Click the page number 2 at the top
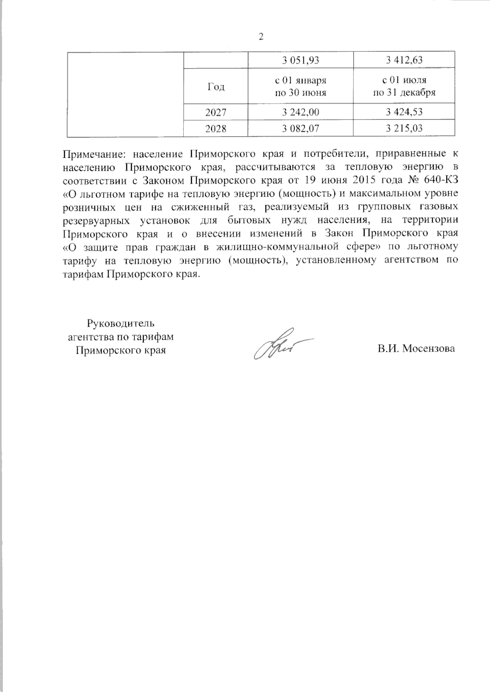click(x=261, y=37)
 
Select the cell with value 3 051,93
click(x=301, y=60)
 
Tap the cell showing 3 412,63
click(x=404, y=60)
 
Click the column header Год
click(x=216, y=86)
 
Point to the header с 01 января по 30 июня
click(x=301, y=86)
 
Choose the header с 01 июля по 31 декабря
click(x=404, y=86)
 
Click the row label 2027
click(x=216, y=112)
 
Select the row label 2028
click(x=216, y=128)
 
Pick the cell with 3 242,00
click(x=301, y=112)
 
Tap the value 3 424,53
click(x=404, y=112)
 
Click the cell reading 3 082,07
click(x=301, y=128)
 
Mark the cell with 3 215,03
click(x=404, y=128)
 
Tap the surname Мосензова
click(x=429, y=349)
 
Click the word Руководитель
click(x=120, y=324)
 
